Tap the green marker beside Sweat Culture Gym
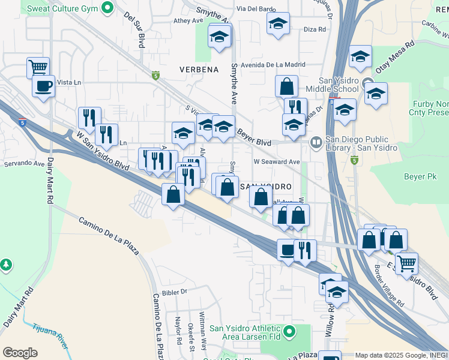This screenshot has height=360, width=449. [107, 8]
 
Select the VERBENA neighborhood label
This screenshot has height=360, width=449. [199, 70]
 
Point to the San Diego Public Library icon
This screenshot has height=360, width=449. [316, 142]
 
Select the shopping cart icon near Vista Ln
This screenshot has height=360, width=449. [38, 67]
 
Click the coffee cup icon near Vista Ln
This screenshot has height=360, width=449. [44, 86]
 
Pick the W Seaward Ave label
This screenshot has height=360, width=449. [276, 162]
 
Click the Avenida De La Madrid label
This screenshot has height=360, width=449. [269, 65]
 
